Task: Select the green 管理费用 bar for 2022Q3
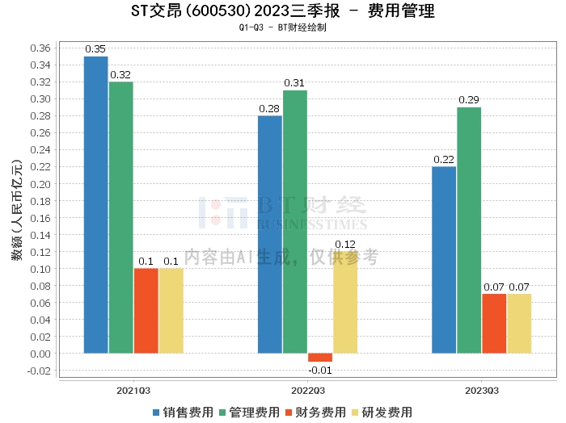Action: pyautogui.click(x=295, y=221)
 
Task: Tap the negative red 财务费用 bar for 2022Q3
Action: pyautogui.click(x=320, y=358)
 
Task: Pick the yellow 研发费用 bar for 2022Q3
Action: pyautogui.click(x=345, y=303)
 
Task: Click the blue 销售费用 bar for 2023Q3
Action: pyautogui.click(x=444, y=260)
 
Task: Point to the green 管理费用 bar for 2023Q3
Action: pyautogui.click(x=469, y=230)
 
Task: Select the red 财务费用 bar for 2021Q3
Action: pyautogui.click(x=146, y=311)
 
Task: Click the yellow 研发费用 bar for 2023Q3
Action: pyautogui.click(x=519, y=324)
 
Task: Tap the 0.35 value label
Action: pyautogui.click(x=96, y=50)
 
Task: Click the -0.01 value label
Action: pyautogui.click(x=320, y=370)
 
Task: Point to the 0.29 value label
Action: pyautogui.click(x=469, y=101)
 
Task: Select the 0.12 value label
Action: pyautogui.click(x=345, y=245)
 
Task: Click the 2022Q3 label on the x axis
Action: pyautogui.click(x=307, y=389)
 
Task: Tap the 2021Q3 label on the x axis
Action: pyautogui.click(x=133, y=389)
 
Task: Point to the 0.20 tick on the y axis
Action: pyautogui.click(x=40, y=184)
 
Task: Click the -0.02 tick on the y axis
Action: pyautogui.click(x=39, y=371)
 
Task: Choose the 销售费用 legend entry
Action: pyautogui.click(x=184, y=413)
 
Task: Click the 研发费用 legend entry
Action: pyautogui.click(x=382, y=413)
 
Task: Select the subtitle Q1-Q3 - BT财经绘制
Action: pyautogui.click(x=282, y=27)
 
